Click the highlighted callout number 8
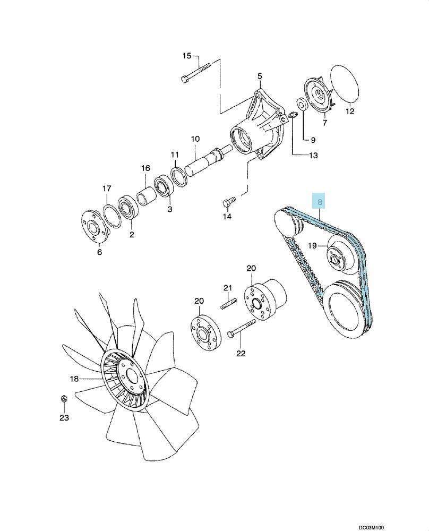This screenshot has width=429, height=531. pyautogui.click(x=320, y=202)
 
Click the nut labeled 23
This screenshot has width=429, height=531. pyautogui.click(x=63, y=399)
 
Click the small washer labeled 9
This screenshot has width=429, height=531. pyautogui.click(x=302, y=104)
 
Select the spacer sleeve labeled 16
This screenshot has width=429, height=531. pyautogui.click(x=146, y=197)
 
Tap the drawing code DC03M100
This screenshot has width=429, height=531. pyautogui.click(x=372, y=527)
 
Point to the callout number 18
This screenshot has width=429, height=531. pyautogui.click(x=74, y=379)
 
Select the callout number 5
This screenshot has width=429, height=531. pyautogui.click(x=260, y=76)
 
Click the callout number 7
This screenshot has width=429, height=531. pyautogui.click(x=325, y=123)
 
